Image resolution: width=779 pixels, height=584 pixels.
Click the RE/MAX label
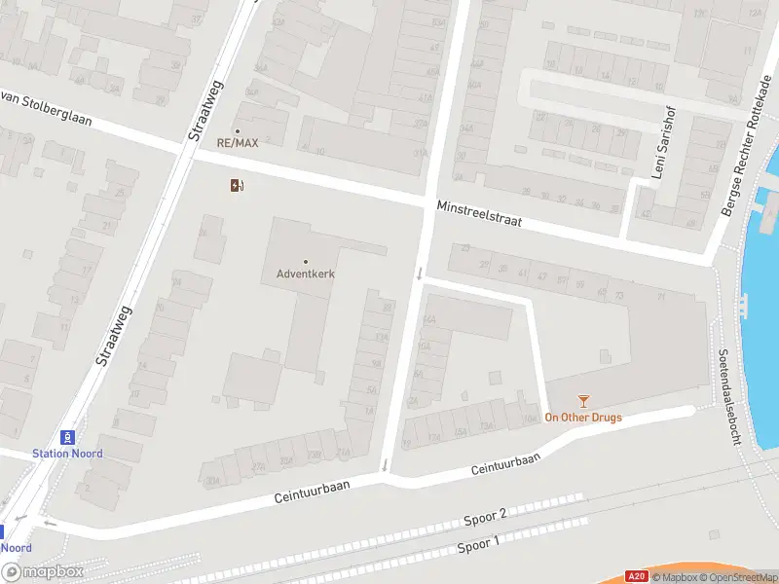238,143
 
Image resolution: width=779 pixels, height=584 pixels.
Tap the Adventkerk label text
306,274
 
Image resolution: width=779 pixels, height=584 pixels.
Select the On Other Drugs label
582,419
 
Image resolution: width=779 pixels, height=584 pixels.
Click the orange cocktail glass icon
583,400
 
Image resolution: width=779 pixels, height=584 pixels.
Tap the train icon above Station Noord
67,438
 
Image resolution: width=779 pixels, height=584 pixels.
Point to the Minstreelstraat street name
479,214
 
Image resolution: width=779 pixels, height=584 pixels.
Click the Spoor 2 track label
483,517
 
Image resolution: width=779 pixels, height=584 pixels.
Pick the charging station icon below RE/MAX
237,185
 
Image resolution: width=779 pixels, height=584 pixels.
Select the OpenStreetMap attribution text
737,577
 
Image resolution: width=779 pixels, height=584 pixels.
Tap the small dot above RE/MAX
237,130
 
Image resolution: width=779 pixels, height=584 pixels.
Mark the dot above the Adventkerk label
306,261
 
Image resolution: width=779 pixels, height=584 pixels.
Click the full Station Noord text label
67,454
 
